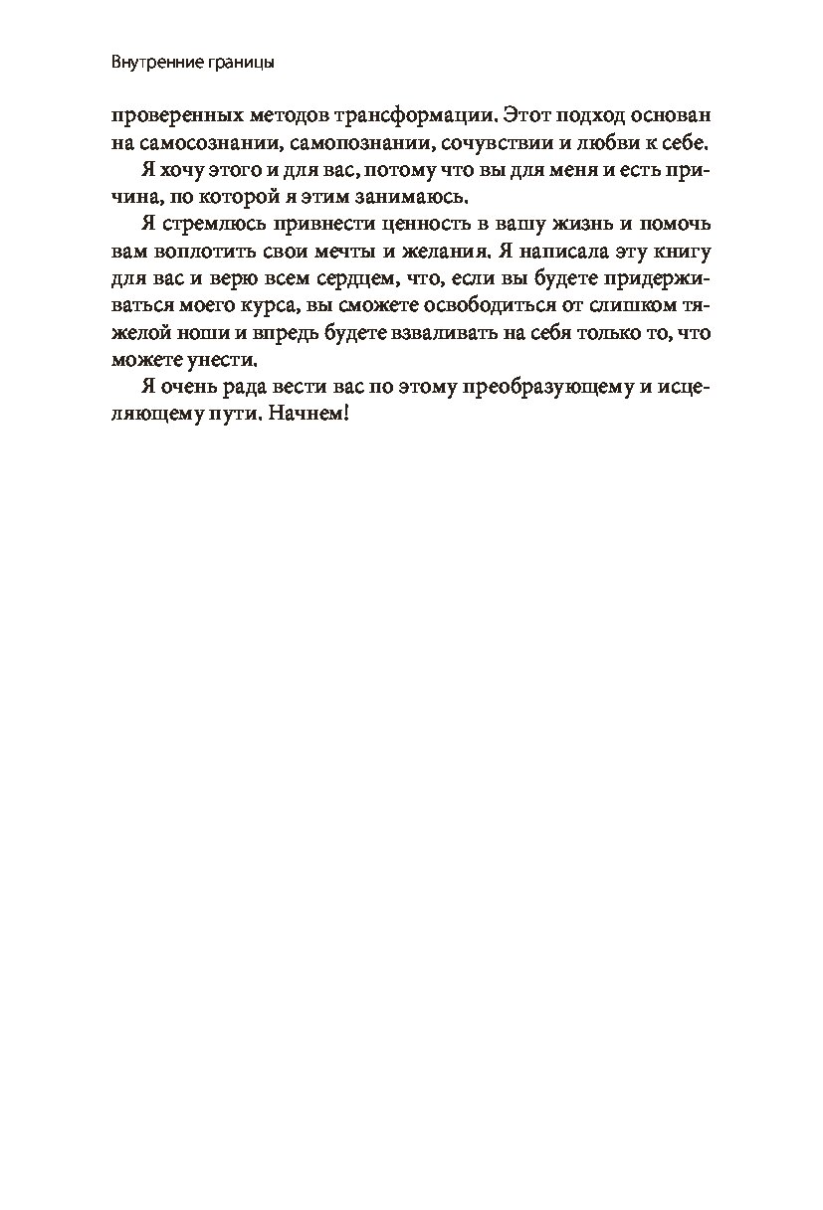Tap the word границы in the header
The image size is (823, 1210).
pyautogui.click(x=237, y=63)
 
